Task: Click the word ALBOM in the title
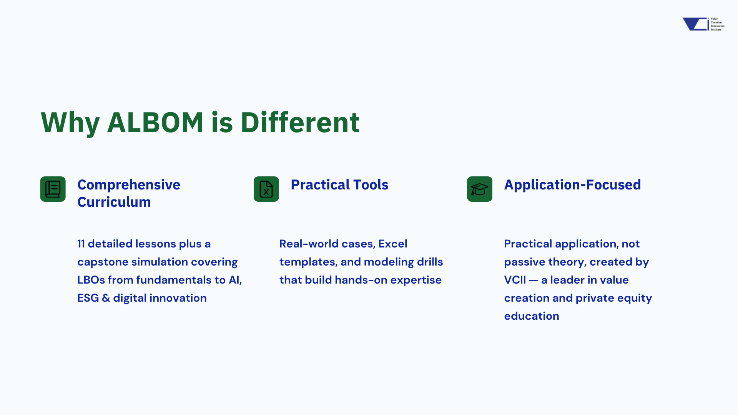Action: point(155,122)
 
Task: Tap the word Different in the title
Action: point(300,122)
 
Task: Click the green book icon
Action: point(53,189)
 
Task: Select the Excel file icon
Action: point(266,189)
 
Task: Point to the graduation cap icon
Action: point(480,189)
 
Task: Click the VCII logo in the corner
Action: point(703,24)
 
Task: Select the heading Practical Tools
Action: point(340,185)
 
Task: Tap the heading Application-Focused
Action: point(573,185)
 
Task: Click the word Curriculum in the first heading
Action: point(114,202)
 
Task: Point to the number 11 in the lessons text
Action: point(81,244)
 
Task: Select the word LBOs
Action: point(91,280)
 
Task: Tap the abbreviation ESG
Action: point(88,298)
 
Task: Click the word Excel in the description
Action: point(393,244)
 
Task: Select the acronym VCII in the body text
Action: point(515,280)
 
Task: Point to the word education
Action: point(532,316)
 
